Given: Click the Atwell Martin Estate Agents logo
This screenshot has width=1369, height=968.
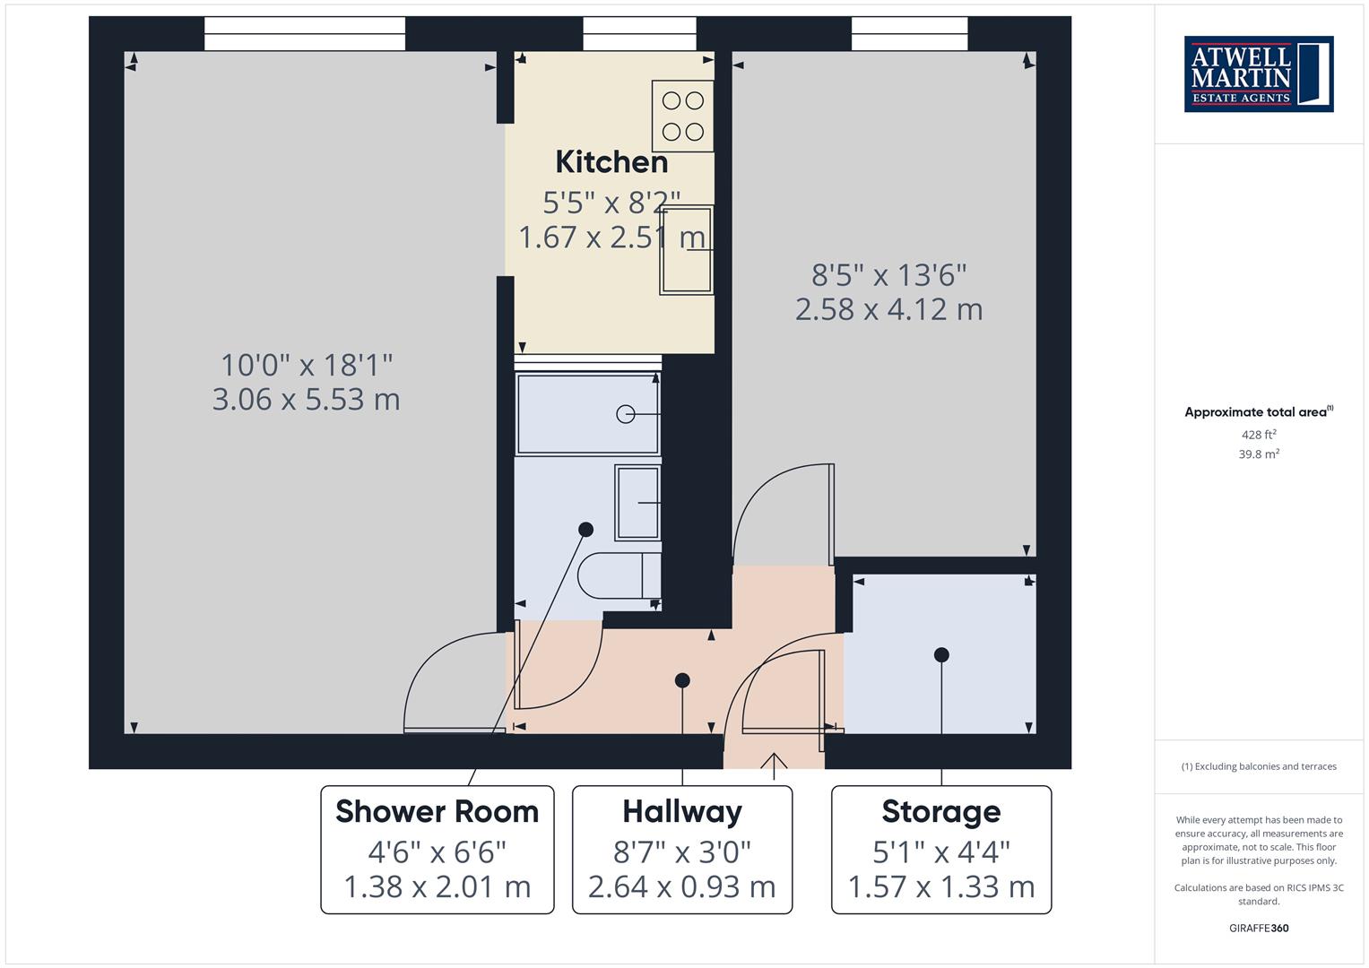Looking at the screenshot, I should pos(1258,73).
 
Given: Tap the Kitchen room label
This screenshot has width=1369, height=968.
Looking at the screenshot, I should pos(611,162).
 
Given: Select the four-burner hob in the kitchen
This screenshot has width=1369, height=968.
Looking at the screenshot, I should pos(682,117).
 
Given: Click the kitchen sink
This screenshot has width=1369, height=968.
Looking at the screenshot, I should pos(687,250).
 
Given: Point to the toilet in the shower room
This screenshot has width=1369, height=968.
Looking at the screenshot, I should pos(619,575).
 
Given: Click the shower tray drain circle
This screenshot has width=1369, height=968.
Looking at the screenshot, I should pos(626,414).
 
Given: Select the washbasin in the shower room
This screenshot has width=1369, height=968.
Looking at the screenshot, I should pos(637,503).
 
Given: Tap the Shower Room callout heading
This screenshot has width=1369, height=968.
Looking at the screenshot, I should pos(437,811).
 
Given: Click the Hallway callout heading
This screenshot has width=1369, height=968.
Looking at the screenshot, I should pos(682,811).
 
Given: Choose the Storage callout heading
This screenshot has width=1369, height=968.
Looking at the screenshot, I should pos(940,811).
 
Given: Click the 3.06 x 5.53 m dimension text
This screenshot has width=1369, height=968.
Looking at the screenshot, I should pos(306,400).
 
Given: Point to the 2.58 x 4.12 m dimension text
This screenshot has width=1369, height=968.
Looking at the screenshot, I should pos(888,309).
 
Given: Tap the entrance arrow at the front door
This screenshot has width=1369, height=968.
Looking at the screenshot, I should pos(774,762).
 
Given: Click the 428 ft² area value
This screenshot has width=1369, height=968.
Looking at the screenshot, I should pos(1259,435).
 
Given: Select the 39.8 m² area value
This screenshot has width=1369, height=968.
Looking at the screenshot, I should pos(1259,454).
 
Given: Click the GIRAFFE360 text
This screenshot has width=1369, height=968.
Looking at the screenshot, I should pos(1259,928).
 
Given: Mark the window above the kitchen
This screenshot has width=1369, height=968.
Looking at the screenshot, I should pos(639,34).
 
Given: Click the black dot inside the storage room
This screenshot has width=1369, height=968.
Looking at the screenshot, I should pos(941,655).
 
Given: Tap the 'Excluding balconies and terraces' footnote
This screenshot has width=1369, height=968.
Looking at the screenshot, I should pos(1259,766).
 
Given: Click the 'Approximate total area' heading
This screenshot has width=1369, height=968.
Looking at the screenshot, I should pos(1258,412).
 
